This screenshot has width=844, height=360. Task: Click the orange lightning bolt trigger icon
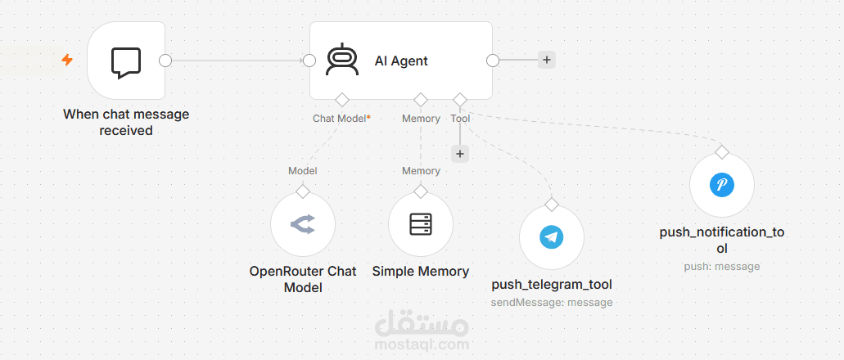pos(67,60)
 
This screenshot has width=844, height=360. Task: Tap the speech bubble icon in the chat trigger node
pos(126,63)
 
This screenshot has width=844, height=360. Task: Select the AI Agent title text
pos(401,61)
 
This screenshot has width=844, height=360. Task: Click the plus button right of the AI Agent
pos(546,60)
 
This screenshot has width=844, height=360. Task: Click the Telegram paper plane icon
pos(551,237)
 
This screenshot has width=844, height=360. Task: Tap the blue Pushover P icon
pos(722,185)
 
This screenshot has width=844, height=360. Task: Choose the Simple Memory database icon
pos(421,224)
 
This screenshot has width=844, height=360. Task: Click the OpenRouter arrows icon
pos(303,224)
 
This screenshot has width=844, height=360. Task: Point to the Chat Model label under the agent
pos(342,119)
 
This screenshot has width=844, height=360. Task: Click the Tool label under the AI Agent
pos(460,119)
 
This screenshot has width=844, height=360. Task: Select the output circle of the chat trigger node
pos(165,61)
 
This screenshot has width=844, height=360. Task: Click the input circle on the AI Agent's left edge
pos(309,61)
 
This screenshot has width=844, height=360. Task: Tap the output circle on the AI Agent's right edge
pos(493,61)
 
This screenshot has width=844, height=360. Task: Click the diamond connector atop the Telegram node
pos(551,205)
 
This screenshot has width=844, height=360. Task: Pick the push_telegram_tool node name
pos(552,284)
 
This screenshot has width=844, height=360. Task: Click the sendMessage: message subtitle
pos(552,303)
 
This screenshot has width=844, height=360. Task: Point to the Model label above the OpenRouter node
pos(303,171)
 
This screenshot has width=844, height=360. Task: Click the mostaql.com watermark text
pos(422,344)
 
